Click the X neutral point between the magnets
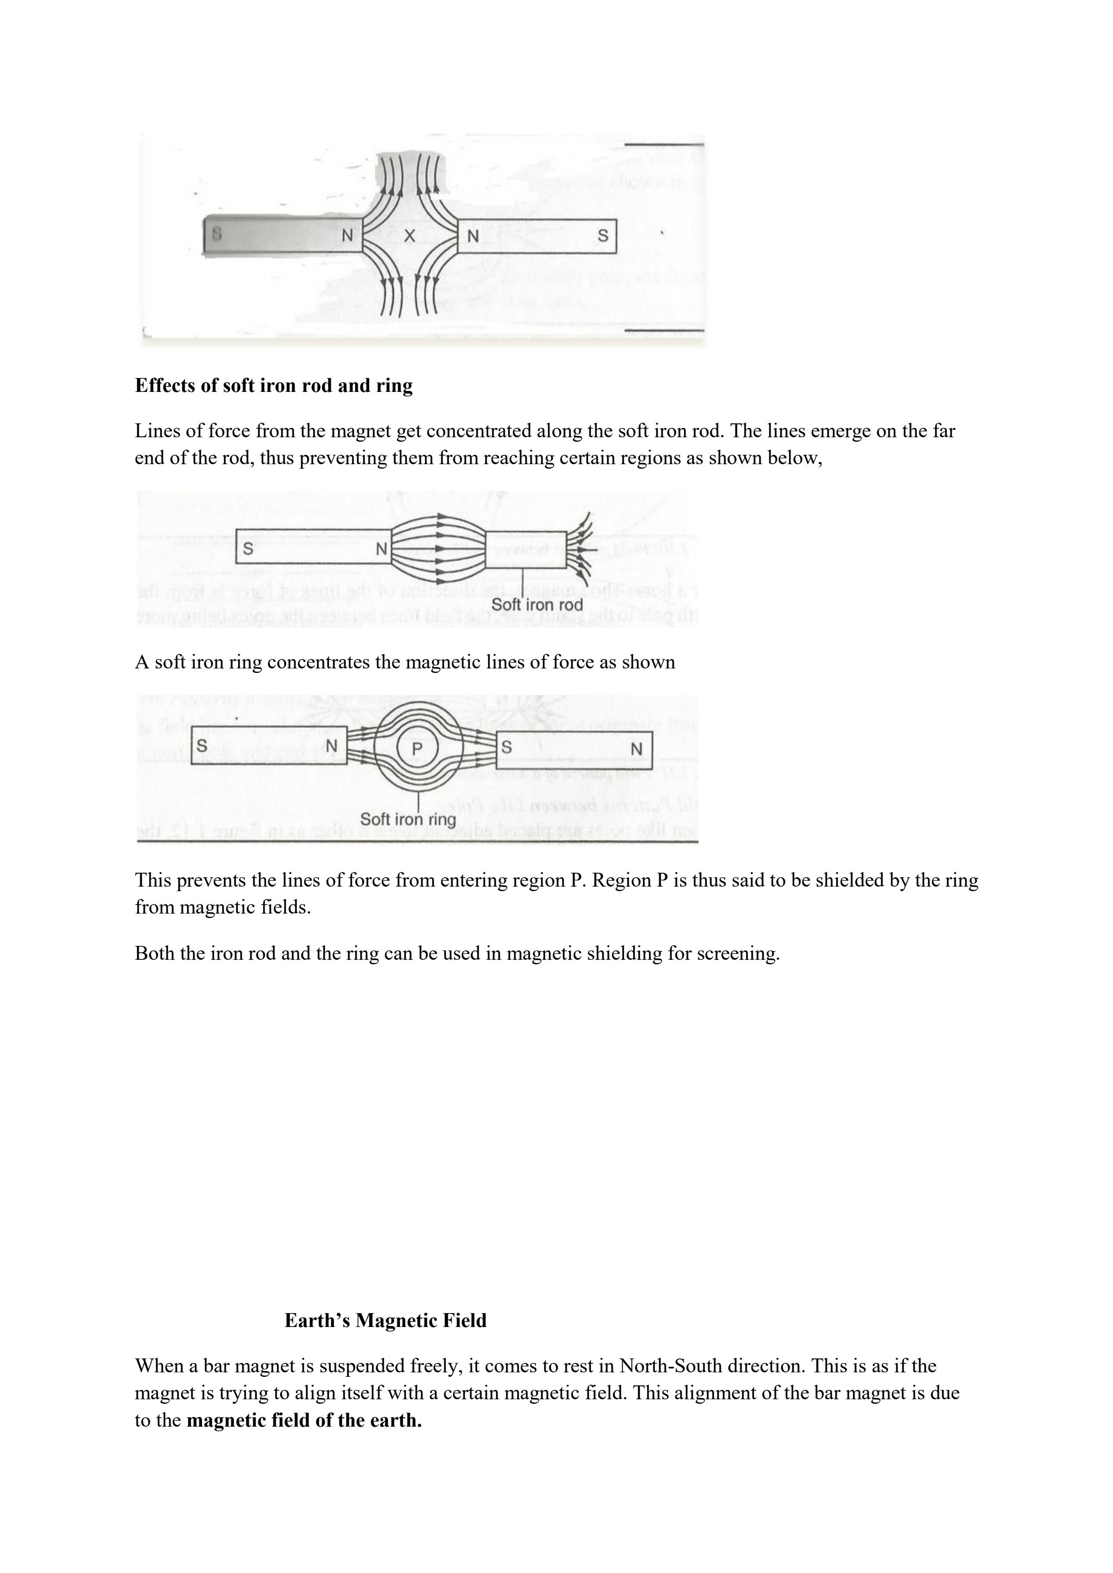click(410, 236)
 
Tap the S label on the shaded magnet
click(216, 233)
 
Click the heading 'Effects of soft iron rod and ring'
click(273, 386)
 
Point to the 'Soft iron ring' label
click(408, 819)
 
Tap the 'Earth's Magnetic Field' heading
click(385, 1320)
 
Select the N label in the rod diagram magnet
click(382, 549)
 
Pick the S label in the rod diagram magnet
click(248, 549)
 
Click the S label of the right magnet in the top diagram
click(603, 236)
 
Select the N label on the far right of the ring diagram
click(636, 749)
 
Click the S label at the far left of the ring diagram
click(202, 745)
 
